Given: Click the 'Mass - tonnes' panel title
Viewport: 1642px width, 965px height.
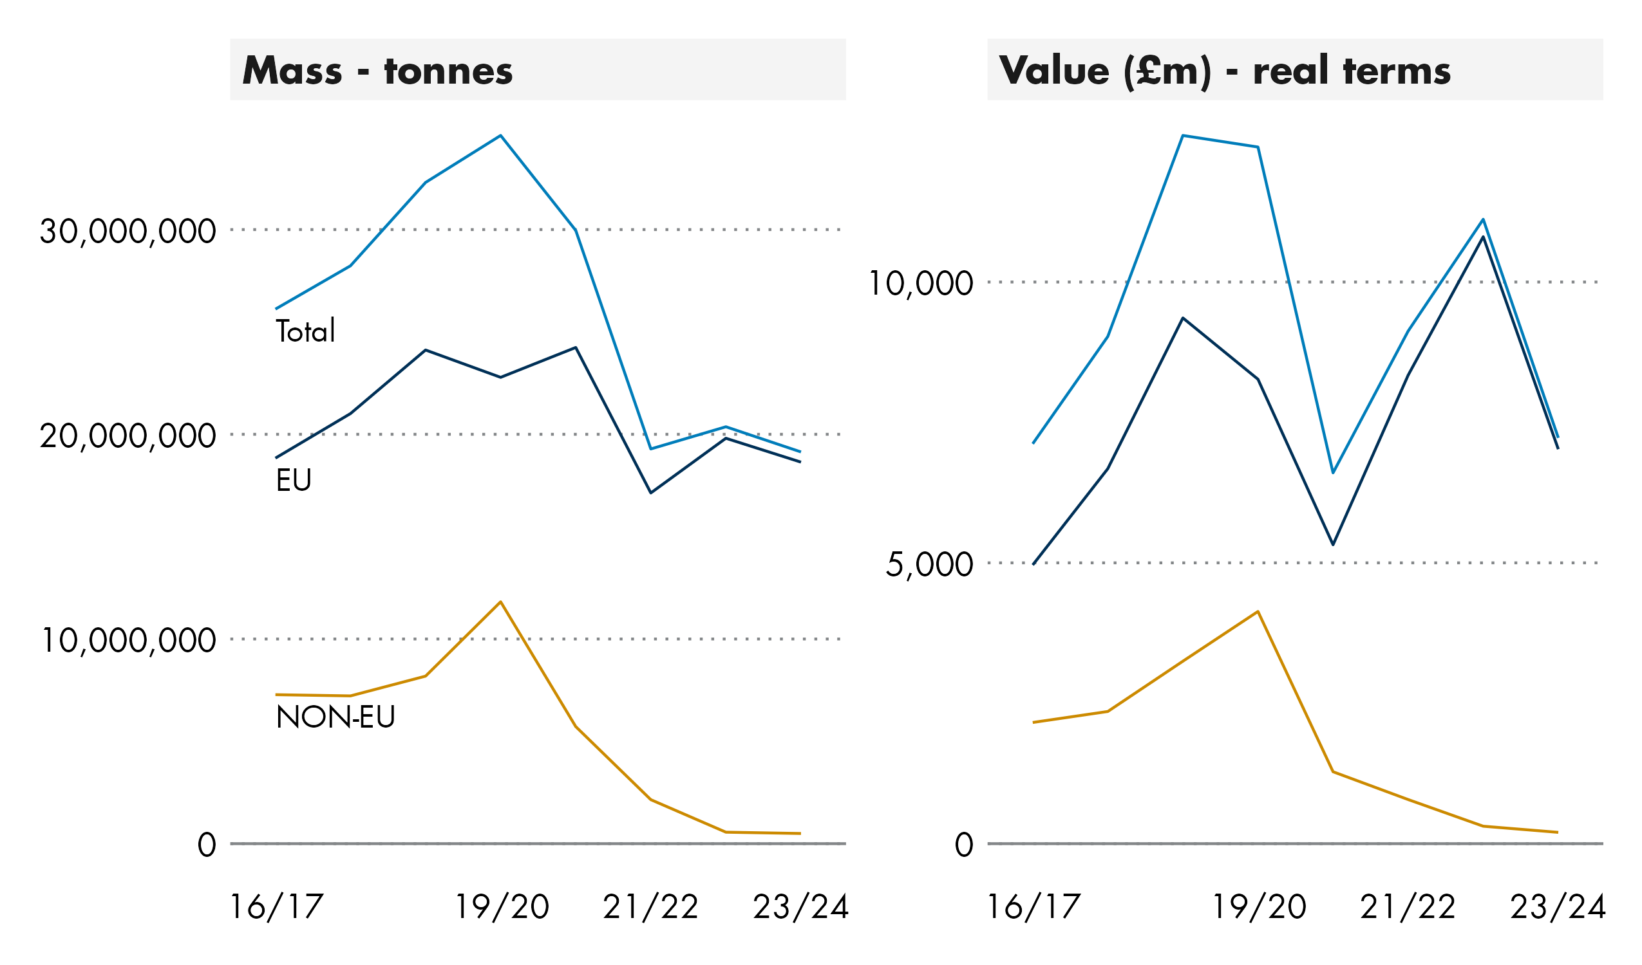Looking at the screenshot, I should (x=377, y=70).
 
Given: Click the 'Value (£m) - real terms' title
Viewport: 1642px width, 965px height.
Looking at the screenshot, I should (x=1224, y=70).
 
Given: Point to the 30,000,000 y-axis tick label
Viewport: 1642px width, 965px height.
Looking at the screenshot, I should (x=127, y=232).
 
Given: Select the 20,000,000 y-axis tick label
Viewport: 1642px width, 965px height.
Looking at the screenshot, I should (x=127, y=436).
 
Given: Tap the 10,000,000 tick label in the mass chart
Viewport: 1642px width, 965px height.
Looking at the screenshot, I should (x=127, y=641).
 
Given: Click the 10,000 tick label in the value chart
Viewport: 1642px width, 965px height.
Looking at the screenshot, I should (x=921, y=284).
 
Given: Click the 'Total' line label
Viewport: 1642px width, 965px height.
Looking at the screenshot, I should (x=305, y=331).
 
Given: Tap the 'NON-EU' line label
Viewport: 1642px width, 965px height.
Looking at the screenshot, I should (x=335, y=717).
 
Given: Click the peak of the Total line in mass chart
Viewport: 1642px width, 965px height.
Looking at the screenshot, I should (x=500, y=136).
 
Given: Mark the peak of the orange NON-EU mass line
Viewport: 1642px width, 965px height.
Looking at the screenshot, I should (x=500, y=602).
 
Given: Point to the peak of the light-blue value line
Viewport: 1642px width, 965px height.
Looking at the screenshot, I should (x=1183, y=136).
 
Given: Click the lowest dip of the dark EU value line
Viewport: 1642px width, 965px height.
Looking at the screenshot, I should (x=1333, y=544).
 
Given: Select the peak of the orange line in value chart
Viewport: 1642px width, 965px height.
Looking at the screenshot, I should (x=1258, y=611).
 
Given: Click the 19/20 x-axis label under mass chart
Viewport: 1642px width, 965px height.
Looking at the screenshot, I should (x=501, y=907).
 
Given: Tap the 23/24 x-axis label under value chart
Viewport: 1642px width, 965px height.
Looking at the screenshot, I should (x=1558, y=907).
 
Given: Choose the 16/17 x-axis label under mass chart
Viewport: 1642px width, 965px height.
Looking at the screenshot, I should (x=276, y=907).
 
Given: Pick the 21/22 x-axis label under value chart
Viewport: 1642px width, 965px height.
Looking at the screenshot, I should (x=1408, y=907).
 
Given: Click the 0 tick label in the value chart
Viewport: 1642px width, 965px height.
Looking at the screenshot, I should (x=964, y=845).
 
